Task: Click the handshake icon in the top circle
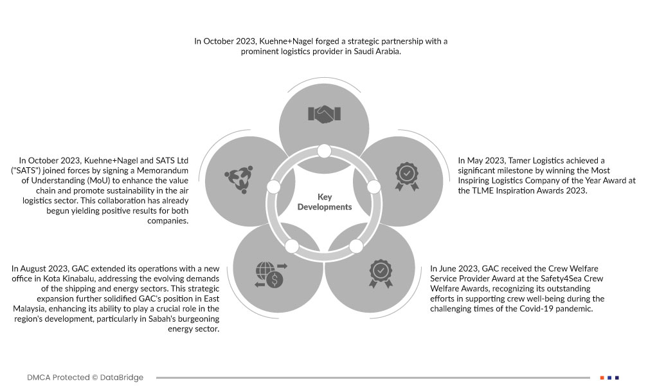click(x=325, y=114)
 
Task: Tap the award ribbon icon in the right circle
click(x=406, y=176)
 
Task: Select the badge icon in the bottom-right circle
click(x=381, y=273)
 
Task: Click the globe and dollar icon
click(x=271, y=274)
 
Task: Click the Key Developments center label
click(x=325, y=202)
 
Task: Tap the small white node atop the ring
click(x=324, y=151)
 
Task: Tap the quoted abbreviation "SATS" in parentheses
click(x=38, y=170)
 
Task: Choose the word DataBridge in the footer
click(x=122, y=377)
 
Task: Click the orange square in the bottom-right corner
click(x=602, y=377)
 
